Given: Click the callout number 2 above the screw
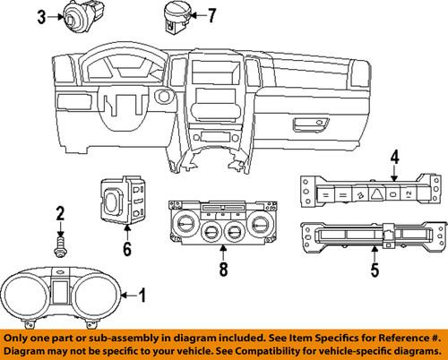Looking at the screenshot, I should (60, 212).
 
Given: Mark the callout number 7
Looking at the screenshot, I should (211, 15).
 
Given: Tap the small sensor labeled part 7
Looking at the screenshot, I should (175, 15).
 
